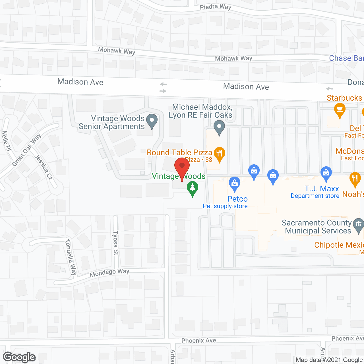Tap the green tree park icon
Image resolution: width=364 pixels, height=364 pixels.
click(193, 188)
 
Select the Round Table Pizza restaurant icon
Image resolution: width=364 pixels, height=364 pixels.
click(219, 154)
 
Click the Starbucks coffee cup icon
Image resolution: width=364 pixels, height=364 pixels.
click(340, 109)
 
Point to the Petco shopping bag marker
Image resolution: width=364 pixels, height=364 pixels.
click(234, 183)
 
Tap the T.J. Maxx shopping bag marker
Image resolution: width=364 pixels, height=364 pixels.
click(326, 173)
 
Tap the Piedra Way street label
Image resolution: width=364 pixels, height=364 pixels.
click(215, 7)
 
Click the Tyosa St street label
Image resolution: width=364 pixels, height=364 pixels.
click(115, 243)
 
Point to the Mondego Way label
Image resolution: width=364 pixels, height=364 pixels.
click(109, 273)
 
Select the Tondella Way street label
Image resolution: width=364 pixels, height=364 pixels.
click(71, 257)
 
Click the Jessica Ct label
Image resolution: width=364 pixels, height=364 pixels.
click(44, 167)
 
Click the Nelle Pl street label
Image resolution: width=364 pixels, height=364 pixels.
click(6, 141)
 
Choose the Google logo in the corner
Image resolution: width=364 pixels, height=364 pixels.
click(19, 357)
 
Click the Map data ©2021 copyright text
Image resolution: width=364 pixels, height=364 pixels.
click(329, 360)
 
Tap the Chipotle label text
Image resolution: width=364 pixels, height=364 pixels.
click(339, 245)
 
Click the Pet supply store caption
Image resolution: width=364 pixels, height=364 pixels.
click(225, 206)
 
